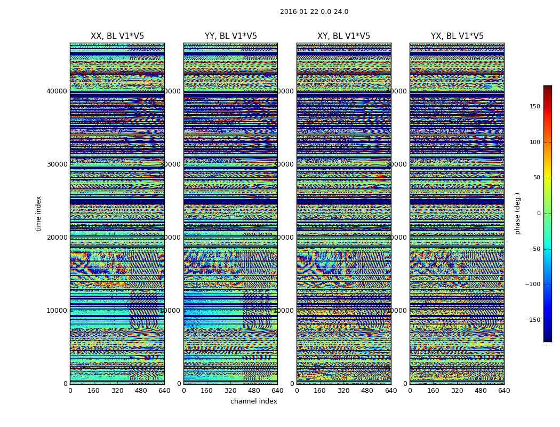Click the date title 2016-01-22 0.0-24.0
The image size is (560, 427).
314,12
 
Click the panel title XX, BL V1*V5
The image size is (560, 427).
117,36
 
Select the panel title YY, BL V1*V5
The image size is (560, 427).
230,36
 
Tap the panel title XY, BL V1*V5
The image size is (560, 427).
343,36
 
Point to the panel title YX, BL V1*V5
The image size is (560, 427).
457,36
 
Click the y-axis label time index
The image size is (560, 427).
38,213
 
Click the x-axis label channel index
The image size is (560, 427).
253,401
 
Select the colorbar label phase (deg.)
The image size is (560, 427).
517,213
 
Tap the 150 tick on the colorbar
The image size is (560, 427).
534,107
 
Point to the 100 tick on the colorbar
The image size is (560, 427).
534,143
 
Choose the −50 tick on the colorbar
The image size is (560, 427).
534,249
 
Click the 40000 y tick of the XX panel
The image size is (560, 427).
57,91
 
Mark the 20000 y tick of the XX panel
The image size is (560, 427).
57,238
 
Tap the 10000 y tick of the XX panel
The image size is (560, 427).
57,311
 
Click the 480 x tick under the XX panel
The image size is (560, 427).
141,391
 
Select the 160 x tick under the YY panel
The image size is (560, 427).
207,391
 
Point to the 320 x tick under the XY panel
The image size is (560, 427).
343,391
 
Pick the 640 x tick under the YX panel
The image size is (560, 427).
504,391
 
